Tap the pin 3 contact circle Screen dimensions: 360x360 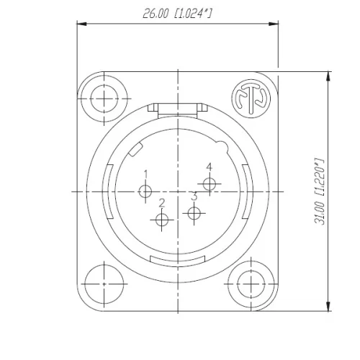193,212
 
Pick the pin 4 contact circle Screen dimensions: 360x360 210,184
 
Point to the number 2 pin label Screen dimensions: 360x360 162,204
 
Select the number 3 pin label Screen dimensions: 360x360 194,196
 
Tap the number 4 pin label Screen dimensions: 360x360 210,167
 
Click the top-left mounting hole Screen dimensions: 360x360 104,98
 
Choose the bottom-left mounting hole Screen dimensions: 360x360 104,283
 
